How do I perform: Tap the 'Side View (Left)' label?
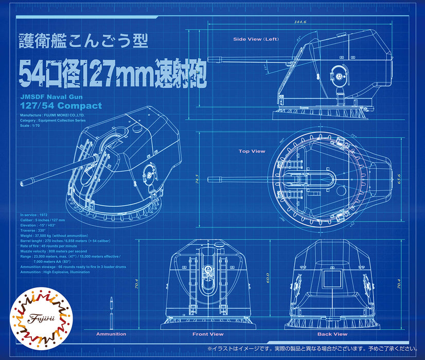tap(256, 39)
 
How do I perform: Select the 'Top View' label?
tap(252, 151)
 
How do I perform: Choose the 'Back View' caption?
tap(333, 334)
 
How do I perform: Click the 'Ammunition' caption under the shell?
tap(111, 334)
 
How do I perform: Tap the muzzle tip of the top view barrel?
tap(209, 179)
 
